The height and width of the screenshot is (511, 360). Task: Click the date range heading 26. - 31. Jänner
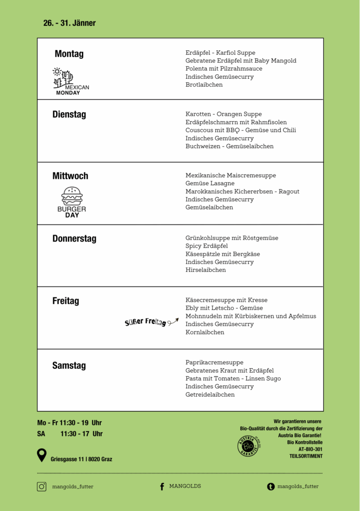(69, 23)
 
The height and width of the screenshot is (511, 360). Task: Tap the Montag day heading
(69, 54)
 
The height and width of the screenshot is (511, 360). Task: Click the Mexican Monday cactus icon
(64, 77)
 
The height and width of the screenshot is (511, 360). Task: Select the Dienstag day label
(69, 114)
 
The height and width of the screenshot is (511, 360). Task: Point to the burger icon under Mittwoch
(72, 196)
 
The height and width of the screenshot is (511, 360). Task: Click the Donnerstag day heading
(74, 239)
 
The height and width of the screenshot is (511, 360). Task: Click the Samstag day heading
(69, 366)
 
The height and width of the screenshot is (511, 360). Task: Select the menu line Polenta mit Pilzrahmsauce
(224, 69)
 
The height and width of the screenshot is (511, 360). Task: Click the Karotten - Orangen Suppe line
(223, 114)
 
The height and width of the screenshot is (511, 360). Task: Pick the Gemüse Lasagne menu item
(210, 184)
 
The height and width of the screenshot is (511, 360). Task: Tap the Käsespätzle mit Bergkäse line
(222, 254)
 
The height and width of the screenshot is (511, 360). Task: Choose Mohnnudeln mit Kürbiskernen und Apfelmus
(251, 316)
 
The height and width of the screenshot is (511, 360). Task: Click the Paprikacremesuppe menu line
(214, 363)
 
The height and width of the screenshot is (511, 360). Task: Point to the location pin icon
(42, 455)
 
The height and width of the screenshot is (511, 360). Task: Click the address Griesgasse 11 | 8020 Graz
(81, 459)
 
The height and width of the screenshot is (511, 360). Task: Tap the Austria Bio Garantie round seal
(248, 445)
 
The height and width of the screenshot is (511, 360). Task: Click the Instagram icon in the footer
(42, 487)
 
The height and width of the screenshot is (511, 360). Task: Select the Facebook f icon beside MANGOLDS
(162, 487)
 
